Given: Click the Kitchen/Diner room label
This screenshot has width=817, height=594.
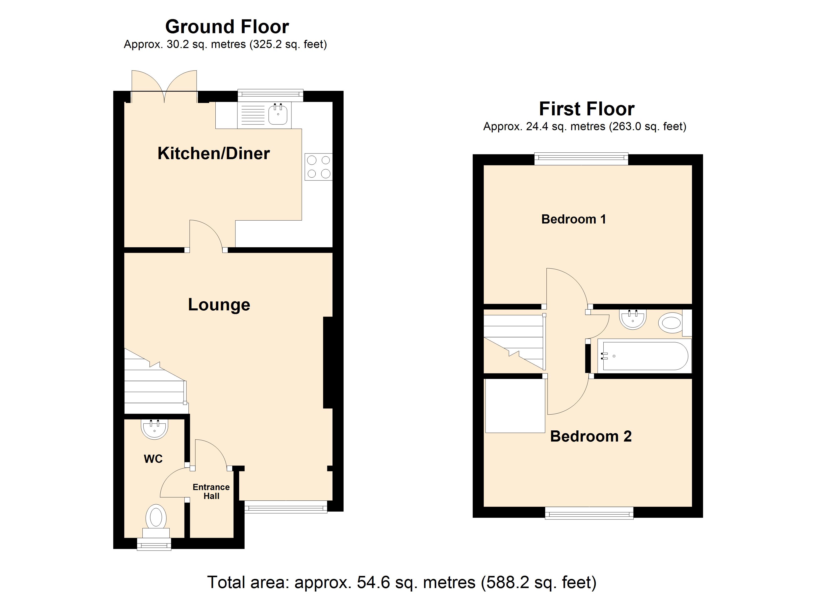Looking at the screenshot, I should pyautogui.click(x=214, y=154).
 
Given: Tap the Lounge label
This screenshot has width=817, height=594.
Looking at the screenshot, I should pyautogui.click(x=219, y=305).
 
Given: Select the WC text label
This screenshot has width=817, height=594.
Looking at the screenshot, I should pyautogui.click(x=153, y=459).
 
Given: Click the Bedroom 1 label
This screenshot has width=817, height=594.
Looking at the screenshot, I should pyautogui.click(x=573, y=219).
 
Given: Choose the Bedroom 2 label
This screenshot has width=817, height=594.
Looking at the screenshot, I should pyautogui.click(x=591, y=437).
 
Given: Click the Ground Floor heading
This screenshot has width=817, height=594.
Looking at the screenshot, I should pyautogui.click(x=227, y=27).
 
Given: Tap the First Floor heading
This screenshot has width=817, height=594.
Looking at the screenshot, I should pyautogui.click(x=587, y=109).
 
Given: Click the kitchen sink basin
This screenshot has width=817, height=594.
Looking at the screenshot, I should pyautogui.click(x=278, y=114).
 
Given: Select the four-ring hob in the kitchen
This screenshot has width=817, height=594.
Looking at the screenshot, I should pyautogui.click(x=318, y=167).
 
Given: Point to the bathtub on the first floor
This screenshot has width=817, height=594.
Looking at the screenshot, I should pyautogui.click(x=644, y=356).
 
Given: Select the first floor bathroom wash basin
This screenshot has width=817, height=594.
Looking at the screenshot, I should pyautogui.click(x=633, y=319).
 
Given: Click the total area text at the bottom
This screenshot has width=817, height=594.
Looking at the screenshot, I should pyautogui.click(x=402, y=582).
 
